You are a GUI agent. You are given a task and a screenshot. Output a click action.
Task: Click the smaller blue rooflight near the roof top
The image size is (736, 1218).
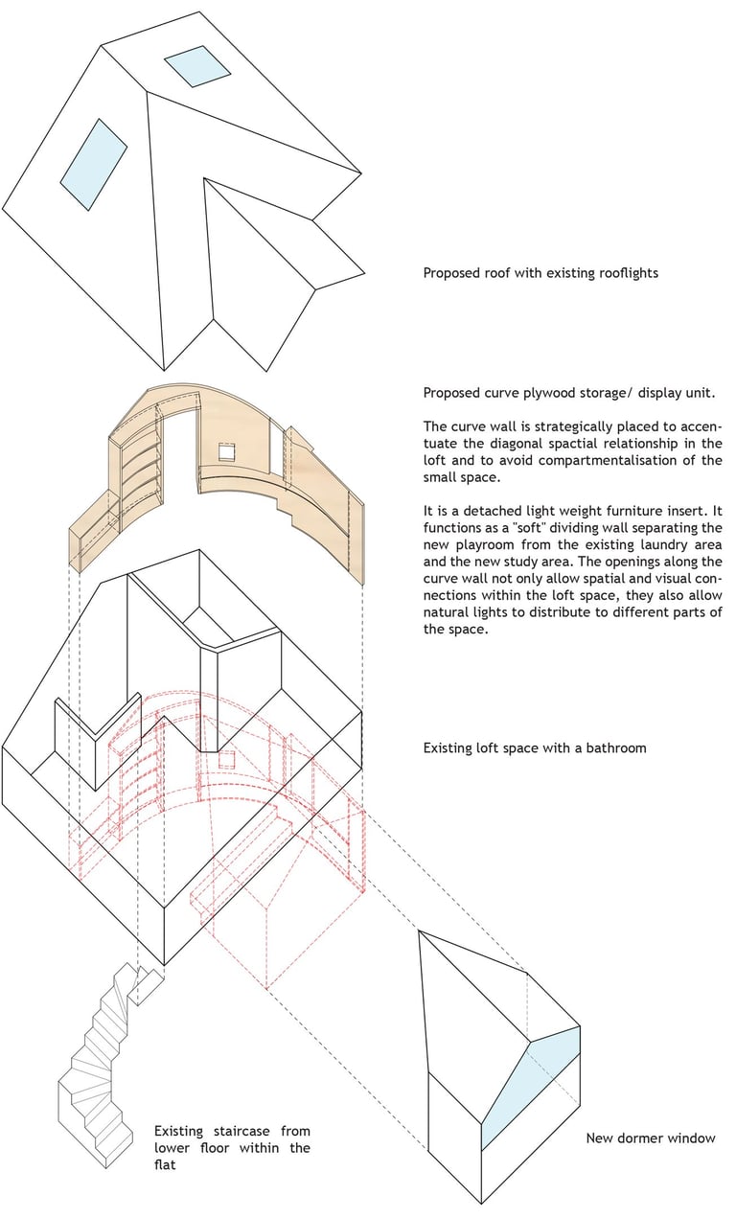click(196, 66)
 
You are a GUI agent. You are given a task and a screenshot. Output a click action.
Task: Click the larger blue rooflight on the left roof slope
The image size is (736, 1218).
click(94, 164)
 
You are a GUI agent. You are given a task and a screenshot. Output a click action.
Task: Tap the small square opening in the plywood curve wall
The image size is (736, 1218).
click(227, 451)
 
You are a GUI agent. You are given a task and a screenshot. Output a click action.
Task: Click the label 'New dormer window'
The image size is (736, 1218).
click(651, 1138)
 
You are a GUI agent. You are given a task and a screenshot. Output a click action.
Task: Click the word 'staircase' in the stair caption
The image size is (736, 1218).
click(241, 1131)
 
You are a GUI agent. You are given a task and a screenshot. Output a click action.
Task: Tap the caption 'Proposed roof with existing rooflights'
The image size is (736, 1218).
click(540, 273)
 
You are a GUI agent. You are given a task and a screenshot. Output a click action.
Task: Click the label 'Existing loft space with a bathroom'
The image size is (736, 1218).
click(535, 747)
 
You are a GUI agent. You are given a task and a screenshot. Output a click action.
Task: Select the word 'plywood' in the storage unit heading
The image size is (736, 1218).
click(550, 393)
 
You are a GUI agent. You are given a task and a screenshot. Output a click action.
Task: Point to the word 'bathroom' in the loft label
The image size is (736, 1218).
click(616, 747)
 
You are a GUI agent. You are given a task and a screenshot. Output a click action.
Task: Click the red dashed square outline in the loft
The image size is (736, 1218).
click(227, 759)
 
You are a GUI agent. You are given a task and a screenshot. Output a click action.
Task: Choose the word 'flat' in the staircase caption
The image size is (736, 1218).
click(165, 1164)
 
